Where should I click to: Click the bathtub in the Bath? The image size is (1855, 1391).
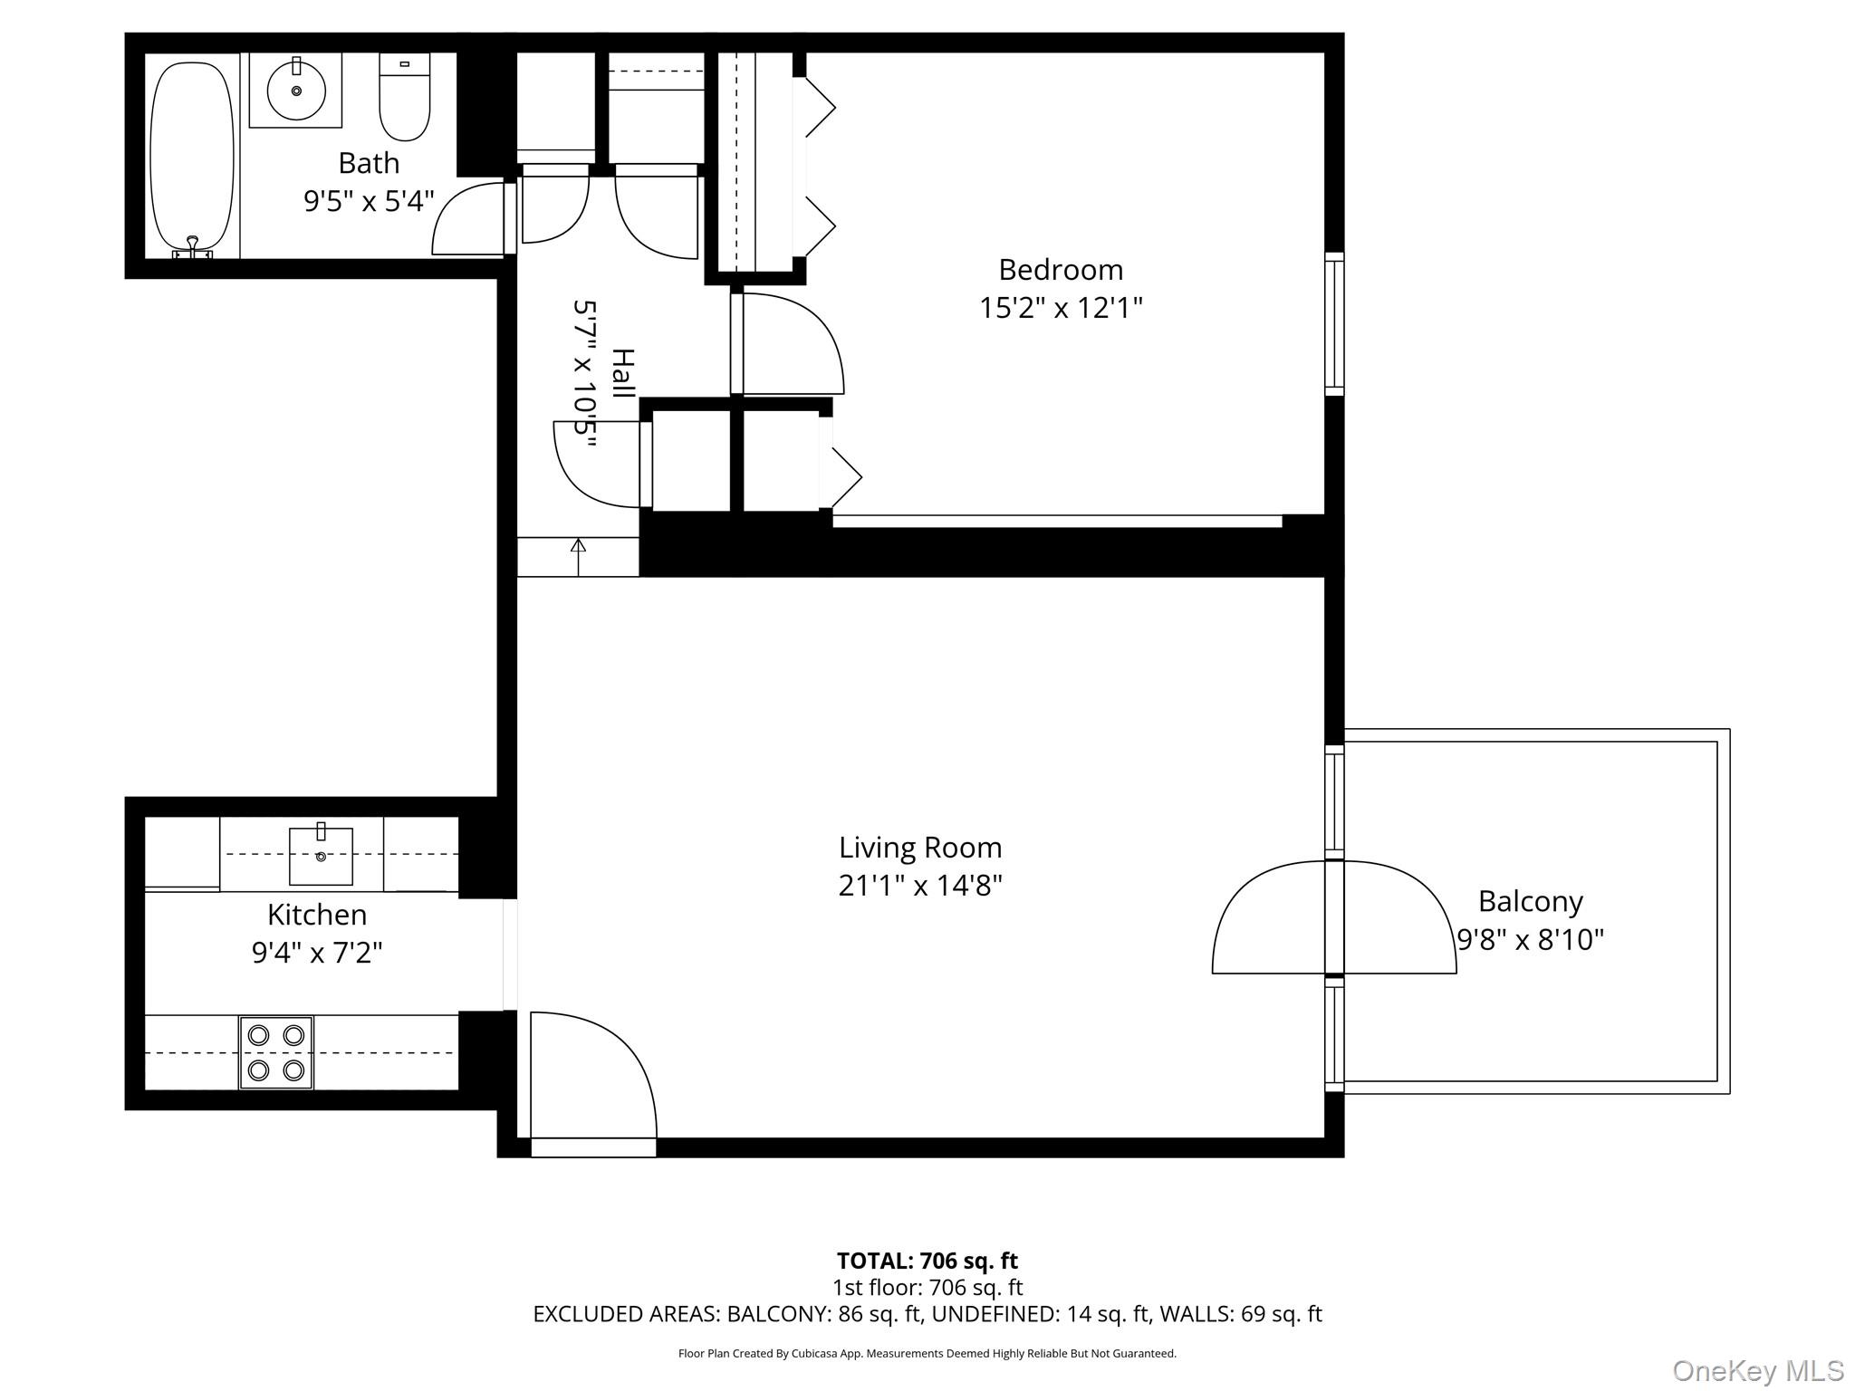tap(192, 156)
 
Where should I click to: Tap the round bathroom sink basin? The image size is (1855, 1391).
tap(296, 91)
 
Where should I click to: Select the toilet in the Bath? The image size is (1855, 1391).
tap(404, 98)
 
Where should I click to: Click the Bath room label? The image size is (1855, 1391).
tap(369, 164)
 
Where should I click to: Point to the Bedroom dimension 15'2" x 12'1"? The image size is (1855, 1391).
tap(1061, 309)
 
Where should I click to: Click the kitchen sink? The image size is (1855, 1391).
tap(321, 855)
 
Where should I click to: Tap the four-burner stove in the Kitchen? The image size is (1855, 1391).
tap(276, 1052)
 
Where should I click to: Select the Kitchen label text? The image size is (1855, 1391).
tap(317, 915)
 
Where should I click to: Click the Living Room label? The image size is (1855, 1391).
tap(920, 848)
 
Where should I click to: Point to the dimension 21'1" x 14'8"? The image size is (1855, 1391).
tap(920, 886)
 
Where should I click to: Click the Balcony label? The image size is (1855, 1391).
tap(1530, 902)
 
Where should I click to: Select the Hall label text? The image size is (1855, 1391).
tap(622, 373)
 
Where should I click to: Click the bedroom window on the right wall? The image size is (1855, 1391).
tap(1334, 323)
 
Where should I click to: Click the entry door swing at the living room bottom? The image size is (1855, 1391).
tap(593, 1078)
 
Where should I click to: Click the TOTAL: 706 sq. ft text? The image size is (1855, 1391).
tap(927, 1261)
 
